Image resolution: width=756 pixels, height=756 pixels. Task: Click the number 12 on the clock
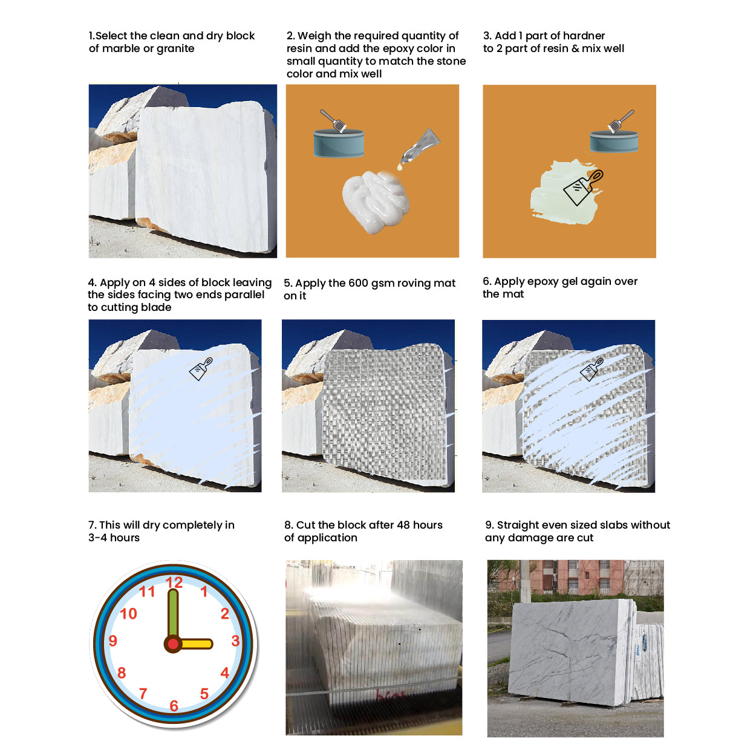[x=174, y=582]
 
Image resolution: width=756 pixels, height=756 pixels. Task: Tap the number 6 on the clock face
[x=174, y=706]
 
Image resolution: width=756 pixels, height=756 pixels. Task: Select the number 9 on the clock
[x=113, y=640]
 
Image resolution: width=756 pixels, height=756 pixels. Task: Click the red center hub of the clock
[x=173, y=644]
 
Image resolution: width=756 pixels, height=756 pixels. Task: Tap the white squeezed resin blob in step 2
[x=376, y=201]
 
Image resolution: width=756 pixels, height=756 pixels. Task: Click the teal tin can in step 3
[x=614, y=142]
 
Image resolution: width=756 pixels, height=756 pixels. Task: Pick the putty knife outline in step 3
[x=584, y=187]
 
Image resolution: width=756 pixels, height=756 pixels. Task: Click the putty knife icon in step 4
[x=201, y=369]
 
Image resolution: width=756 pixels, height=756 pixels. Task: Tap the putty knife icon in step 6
[x=592, y=369]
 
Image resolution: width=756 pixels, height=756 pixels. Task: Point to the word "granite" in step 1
[x=175, y=48]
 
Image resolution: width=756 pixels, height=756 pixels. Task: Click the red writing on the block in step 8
[x=389, y=696]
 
